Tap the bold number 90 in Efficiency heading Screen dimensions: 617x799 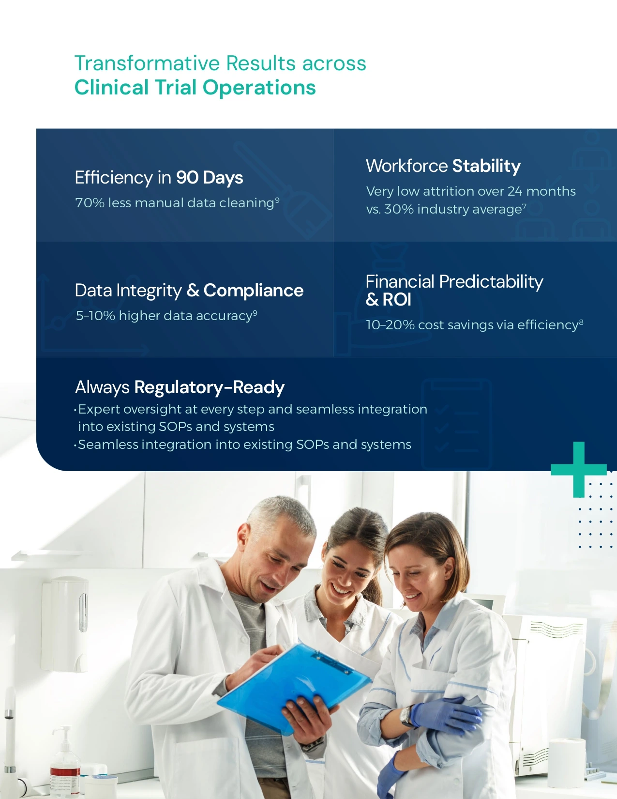pyautogui.click(x=187, y=178)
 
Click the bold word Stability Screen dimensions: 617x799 pyautogui.click(x=486, y=166)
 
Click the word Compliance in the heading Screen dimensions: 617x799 pyautogui.click(x=254, y=291)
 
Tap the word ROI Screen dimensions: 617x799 pyautogui.click(x=396, y=300)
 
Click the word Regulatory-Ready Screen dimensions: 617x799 pyautogui.click(x=209, y=387)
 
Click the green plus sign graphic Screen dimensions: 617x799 pyautogui.click(x=578, y=470)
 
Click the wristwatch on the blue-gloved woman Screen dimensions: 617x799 pyautogui.click(x=406, y=716)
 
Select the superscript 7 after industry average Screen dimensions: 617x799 pyautogui.click(x=525, y=207)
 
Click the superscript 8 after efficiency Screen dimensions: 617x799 pyautogui.click(x=581, y=323)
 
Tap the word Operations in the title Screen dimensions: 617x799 pyautogui.click(x=259, y=88)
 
